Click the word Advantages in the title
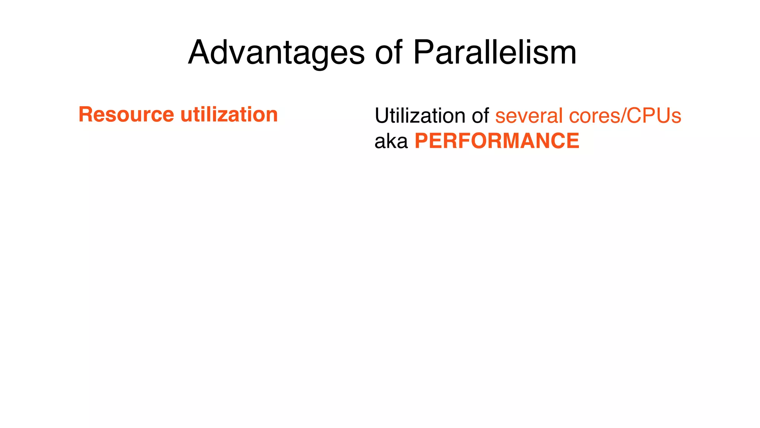(276, 53)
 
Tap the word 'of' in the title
(389, 53)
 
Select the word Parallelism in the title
(495, 53)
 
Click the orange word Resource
(126, 114)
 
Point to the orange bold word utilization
(229, 114)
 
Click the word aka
(391, 142)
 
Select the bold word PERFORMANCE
(497, 141)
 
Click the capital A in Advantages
(200, 53)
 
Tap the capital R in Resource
(86, 114)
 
